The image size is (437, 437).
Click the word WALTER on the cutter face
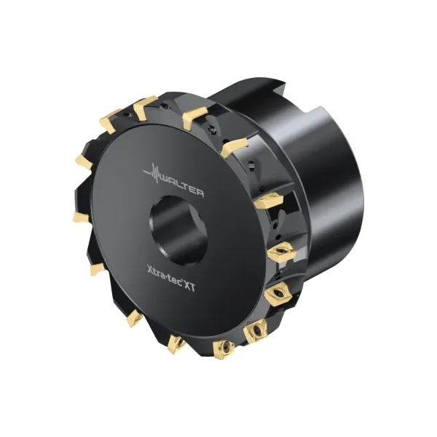coord(182,185)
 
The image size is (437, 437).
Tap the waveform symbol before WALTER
coord(152,173)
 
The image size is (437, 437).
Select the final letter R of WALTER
coord(200,192)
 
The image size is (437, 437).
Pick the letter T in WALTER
coord(186,186)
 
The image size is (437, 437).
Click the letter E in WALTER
coord(193,189)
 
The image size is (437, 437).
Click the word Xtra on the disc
coord(156,272)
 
